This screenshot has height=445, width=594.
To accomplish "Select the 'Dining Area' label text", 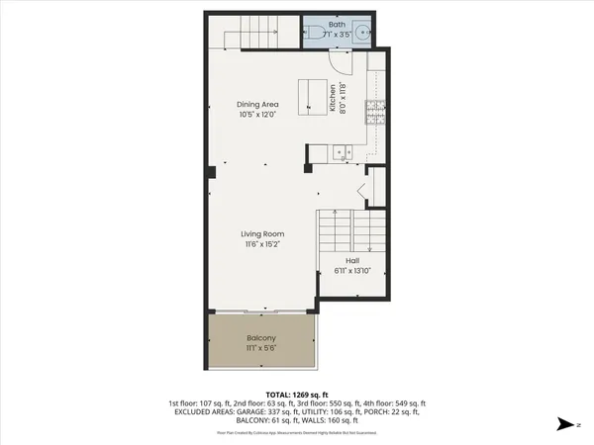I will tap(256, 104).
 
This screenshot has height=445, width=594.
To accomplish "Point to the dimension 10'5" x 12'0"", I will tap(256, 115).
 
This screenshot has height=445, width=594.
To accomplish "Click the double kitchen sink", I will tap(342, 153).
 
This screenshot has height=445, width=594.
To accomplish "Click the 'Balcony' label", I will tap(261, 338).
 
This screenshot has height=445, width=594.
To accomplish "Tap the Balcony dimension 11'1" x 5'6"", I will tap(261, 349).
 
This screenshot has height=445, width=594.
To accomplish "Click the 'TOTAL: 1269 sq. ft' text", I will tap(297, 394).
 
